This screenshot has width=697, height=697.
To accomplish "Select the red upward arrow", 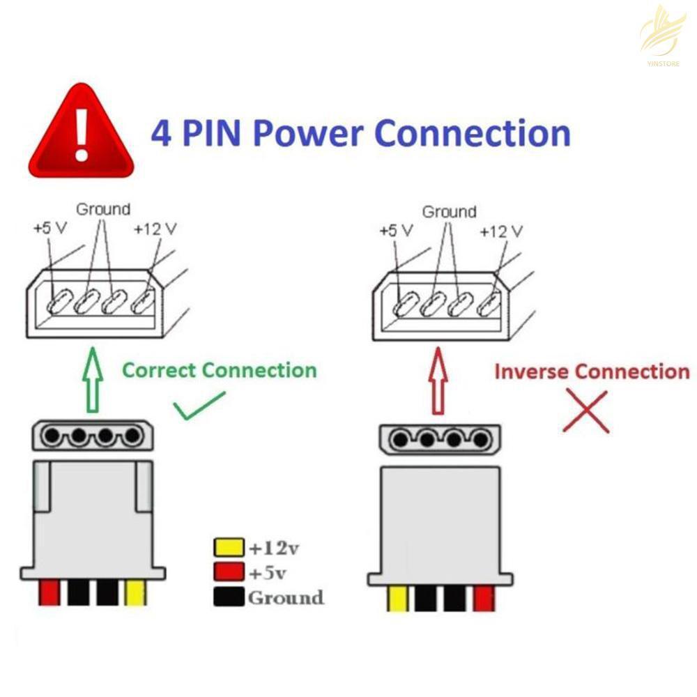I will click(438, 383).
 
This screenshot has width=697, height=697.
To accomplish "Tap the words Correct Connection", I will click(219, 369).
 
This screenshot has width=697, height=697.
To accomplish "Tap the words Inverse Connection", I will click(591, 371).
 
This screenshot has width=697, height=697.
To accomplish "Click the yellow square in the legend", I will click(230, 547).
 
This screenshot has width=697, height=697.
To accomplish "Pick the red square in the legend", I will click(230, 572).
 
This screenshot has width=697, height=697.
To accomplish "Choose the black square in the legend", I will click(230, 597).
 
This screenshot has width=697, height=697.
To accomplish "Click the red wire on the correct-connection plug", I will click(49, 592).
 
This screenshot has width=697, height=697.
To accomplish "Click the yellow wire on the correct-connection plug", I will click(135, 592).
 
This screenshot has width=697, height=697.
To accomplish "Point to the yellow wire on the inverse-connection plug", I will click(397, 598).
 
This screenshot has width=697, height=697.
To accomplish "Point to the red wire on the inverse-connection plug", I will click(484, 598).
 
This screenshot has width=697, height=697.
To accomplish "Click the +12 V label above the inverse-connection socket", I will click(500, 231).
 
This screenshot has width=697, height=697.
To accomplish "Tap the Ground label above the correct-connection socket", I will click(102, 208).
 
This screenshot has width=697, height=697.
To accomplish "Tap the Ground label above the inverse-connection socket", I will click(450, 211).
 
